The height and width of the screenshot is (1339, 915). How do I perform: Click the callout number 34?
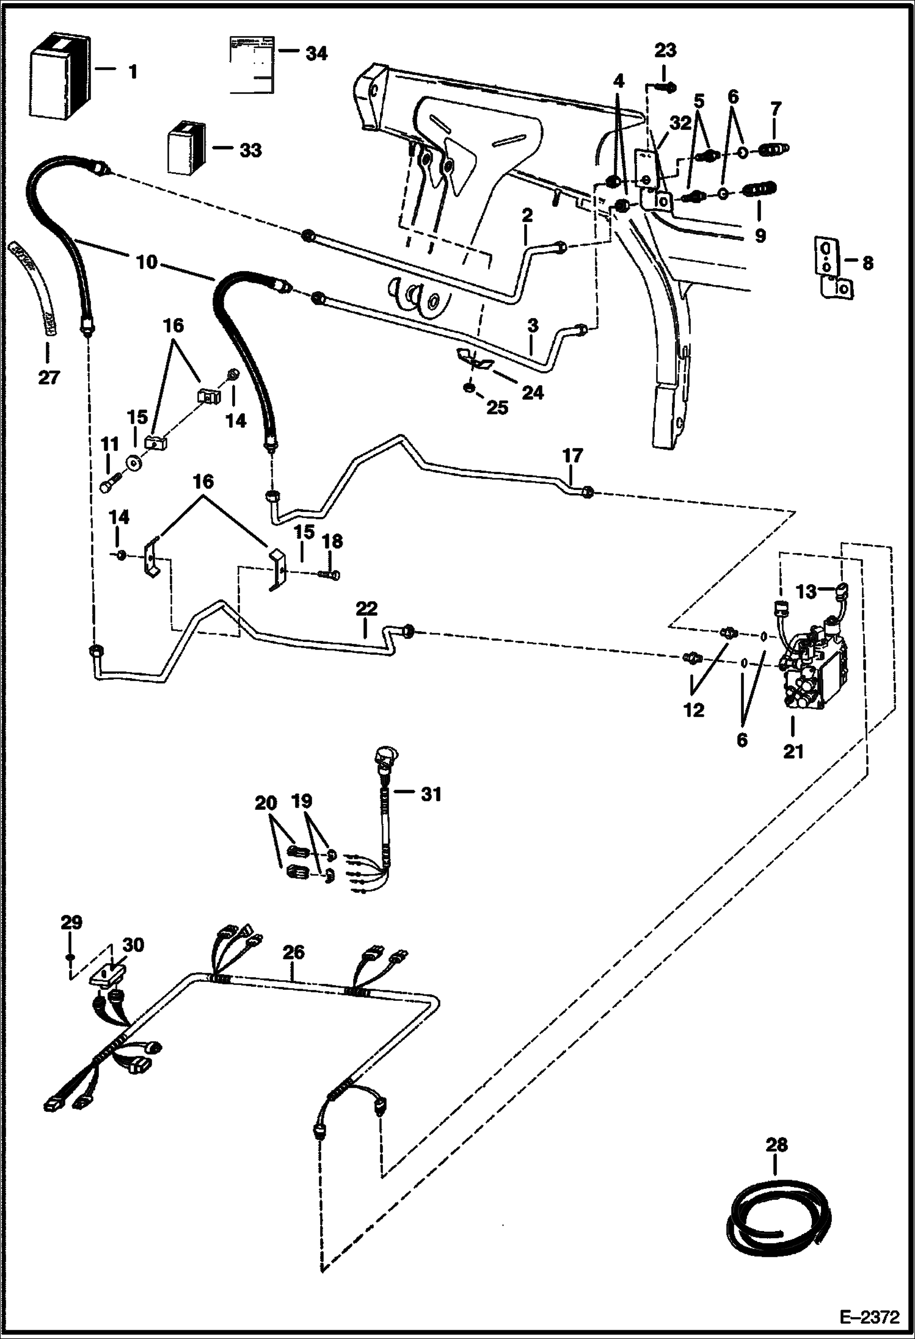click(x=316, y=54)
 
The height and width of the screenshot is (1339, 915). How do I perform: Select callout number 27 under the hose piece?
click(x=48, y=378)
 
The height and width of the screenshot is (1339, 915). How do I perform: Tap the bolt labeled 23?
click(x=667, y=88)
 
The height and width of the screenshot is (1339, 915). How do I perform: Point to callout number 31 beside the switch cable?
click(x=431, y=794)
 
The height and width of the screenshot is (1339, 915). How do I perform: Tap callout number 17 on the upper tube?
click(x=572, y=456)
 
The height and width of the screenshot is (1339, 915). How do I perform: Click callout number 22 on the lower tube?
click(x=366, y=608)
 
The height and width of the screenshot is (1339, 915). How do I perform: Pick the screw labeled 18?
click(x=330, y=574)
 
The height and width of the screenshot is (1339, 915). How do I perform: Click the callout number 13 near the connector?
click(x=806, y=591)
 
